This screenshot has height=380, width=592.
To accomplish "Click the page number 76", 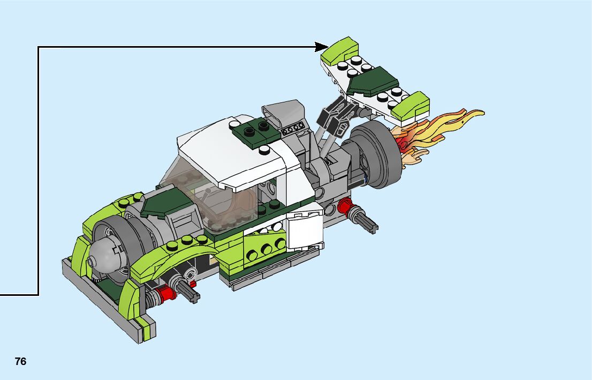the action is pos(21,361).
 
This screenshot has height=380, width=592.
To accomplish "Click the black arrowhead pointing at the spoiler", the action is pos(322,47).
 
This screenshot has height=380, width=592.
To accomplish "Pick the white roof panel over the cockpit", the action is pos(234,151).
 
